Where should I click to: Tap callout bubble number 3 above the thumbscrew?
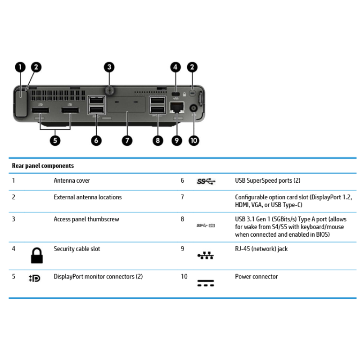(x=109, y=67)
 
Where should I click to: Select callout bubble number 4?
(x=176, y=67)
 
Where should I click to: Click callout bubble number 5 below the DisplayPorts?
(x=55, y=141)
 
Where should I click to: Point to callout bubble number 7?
(x=127, y=141)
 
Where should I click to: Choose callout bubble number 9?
(x=176, y=141)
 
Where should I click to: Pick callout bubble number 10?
(x=194, y=141)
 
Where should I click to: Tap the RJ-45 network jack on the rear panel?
(x=176, y=108)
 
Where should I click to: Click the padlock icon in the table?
(x=36, y=255)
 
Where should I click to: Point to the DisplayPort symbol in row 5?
(x=34, y=278)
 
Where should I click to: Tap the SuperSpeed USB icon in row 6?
(x=206, y=181)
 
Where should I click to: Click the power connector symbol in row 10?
(x=206, y=283)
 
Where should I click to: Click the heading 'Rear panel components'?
(x=43, y=166)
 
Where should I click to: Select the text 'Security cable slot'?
(x=77, y=249)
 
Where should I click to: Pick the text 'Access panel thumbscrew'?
(x=86, y=220)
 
